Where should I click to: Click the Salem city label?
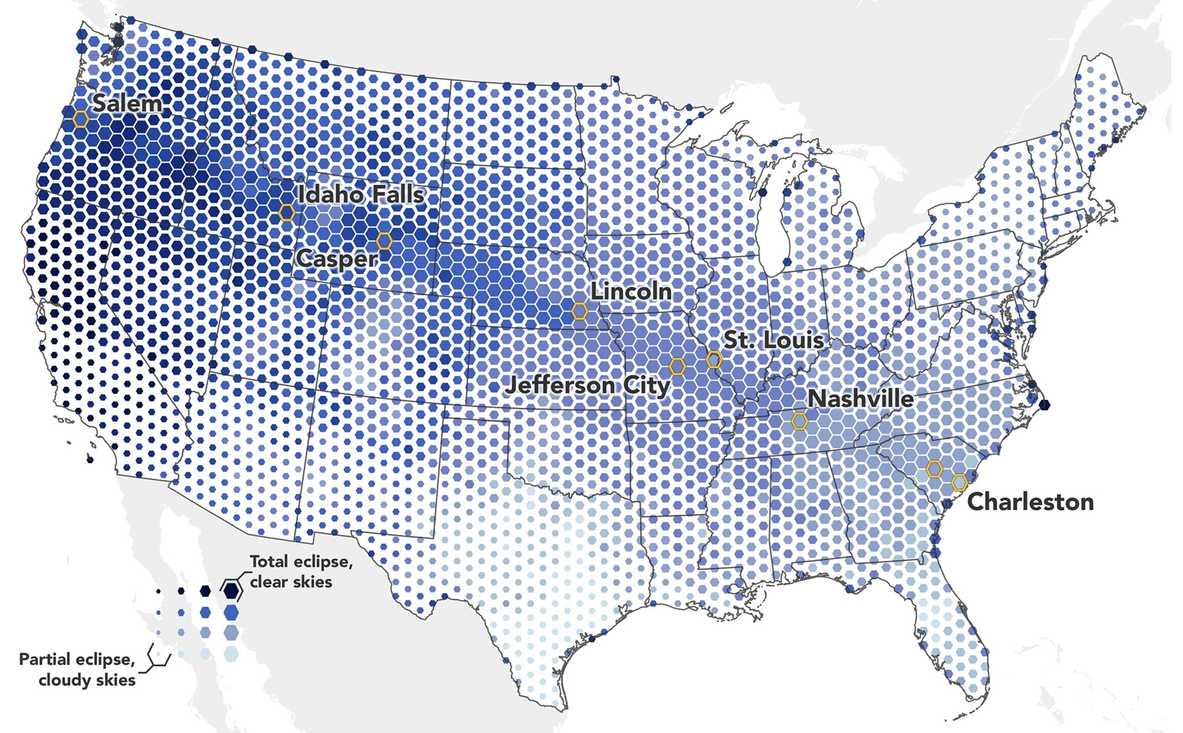tap(127, 104)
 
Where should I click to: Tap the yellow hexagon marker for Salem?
tap(80, 119)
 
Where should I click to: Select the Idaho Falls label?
tap(361, 194)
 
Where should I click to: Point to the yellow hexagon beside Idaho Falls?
tap(287, 213)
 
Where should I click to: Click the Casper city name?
tap(337, 258)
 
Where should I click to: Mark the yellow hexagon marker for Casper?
tap(384, 241)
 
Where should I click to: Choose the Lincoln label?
tap(631, 291)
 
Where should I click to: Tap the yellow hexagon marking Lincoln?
tap(580, 311)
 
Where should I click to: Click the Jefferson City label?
tap(587, 386)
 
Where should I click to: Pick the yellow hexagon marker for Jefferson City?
tap(677, 366)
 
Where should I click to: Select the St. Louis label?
tap(773, 340)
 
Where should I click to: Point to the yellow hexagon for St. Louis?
tap(714, 360)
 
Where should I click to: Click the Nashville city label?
tap(861, 399)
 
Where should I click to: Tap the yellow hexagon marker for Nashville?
tap(799, 421)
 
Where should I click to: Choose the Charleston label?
tap(1030, 502)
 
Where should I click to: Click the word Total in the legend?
tap(270, 561)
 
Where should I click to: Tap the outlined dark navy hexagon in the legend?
tap(231, 589)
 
